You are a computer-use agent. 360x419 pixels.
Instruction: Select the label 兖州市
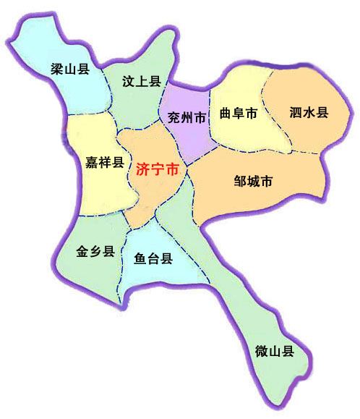pos(185,116)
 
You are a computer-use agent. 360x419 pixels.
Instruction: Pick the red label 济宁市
pos(156,171)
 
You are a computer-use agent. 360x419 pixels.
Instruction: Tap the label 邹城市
pos(254,181)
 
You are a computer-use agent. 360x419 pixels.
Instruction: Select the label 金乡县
pos(95,252)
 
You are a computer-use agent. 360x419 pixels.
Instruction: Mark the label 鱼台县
pos(153,258)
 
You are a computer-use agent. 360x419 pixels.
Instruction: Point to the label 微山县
pos(275,352)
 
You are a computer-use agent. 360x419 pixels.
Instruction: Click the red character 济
pos(142,171)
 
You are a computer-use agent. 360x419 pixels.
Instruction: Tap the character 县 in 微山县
pos(289,352)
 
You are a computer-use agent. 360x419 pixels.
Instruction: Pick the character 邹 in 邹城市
pos(239,181)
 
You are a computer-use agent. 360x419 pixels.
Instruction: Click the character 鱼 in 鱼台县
pos(140,258)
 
